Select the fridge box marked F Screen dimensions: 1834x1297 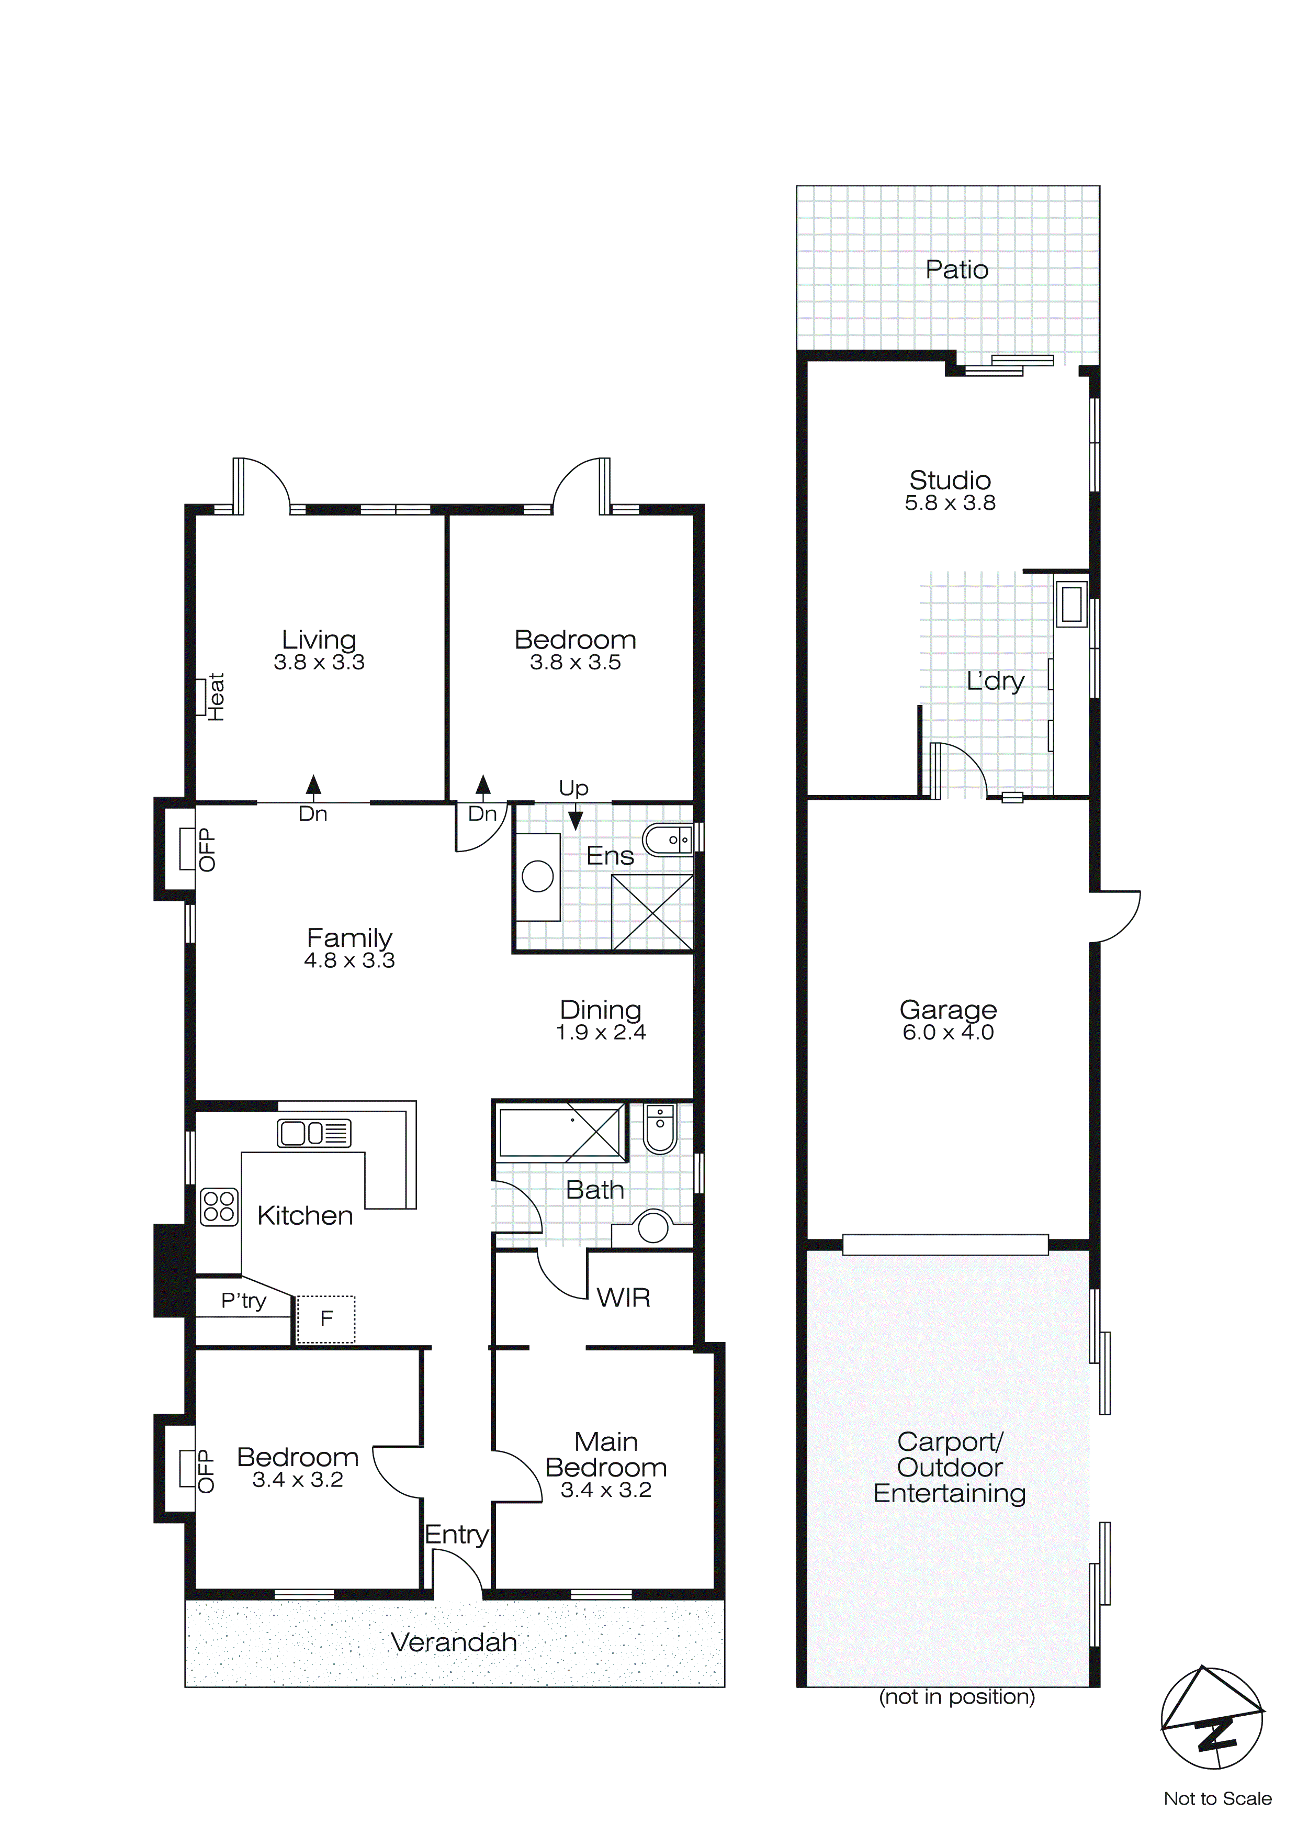click(326, 1319)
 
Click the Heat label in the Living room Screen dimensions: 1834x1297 click(216, 697)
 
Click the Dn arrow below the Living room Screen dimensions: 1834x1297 click(313, 787)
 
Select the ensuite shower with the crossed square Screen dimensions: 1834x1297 click(652, 912)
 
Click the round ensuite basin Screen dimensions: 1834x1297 click(537, 876)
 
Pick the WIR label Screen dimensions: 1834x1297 click(623, 1298)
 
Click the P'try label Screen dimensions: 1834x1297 click(244, 1301)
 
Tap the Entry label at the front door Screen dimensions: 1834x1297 click(456, 1535)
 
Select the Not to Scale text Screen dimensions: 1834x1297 click(1217, 1799)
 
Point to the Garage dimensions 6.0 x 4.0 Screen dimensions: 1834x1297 click(948, 1033)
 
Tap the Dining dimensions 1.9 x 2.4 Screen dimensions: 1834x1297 click(601, 1033)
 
